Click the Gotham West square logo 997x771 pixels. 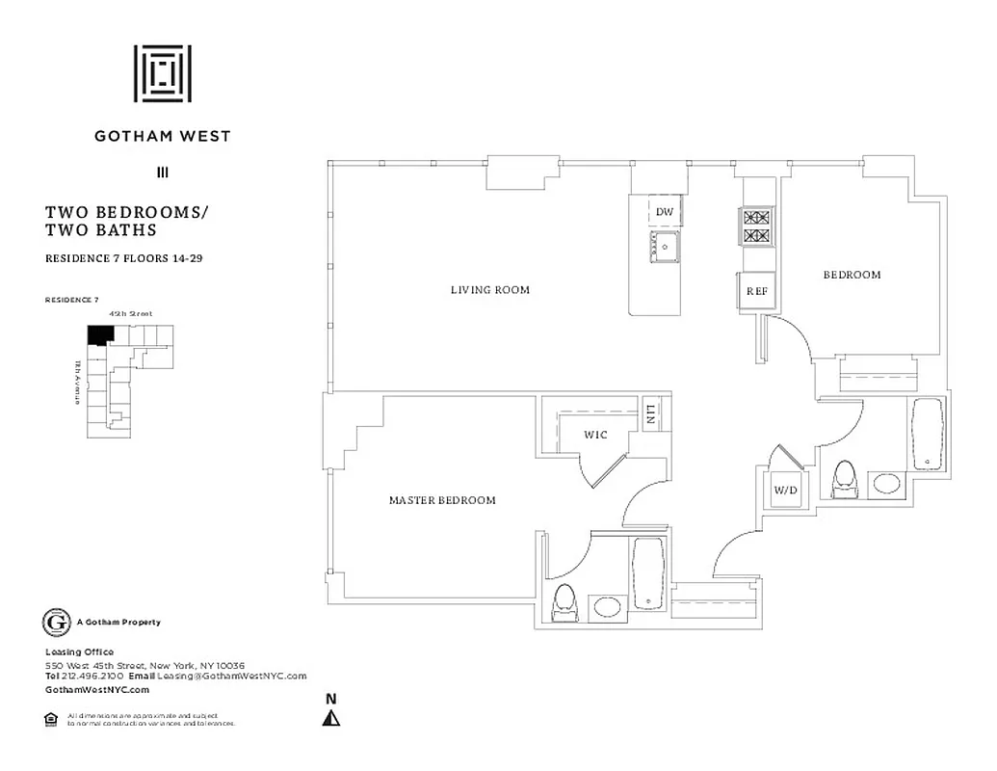click(162, 73)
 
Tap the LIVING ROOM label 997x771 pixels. click(490, 289)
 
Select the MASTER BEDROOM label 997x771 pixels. click(442, 500)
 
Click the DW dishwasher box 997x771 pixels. click(664, 212)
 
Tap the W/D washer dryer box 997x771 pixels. click(785, 490)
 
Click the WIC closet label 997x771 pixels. click(595, 435)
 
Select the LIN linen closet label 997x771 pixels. click(652, 415)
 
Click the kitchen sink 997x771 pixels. click(663, 246)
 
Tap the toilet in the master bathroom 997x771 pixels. click(564, 602)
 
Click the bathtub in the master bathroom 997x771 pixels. click(646, 574)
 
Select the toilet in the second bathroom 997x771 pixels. click(845, 479)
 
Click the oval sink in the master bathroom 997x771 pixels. click(607, 607)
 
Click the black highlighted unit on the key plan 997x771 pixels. click(99, 333)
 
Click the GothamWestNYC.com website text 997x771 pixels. click(97, 690)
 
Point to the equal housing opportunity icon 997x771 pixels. click(51, 718)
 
